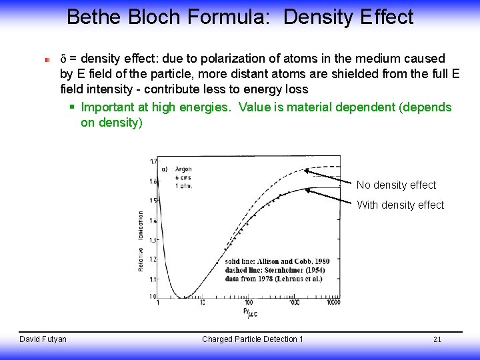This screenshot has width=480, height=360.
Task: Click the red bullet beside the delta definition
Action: point(47,59)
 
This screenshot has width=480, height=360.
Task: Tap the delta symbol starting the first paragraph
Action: point(63,59)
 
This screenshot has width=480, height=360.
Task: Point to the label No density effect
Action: point(396,185)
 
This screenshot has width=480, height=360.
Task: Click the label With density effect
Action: point(400,205)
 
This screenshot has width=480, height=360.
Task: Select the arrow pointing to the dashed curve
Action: point(329,177)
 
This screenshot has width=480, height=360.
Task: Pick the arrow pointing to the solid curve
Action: point(330,196)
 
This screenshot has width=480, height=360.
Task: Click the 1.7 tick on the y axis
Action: point(153,161)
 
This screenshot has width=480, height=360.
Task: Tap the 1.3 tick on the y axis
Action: point(153,240)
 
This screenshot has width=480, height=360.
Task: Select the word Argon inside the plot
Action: point(182,169)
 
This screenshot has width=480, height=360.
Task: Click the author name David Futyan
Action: point(43,339)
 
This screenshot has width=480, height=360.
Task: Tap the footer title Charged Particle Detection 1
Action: point(252,339)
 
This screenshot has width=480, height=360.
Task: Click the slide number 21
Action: point(437,339)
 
